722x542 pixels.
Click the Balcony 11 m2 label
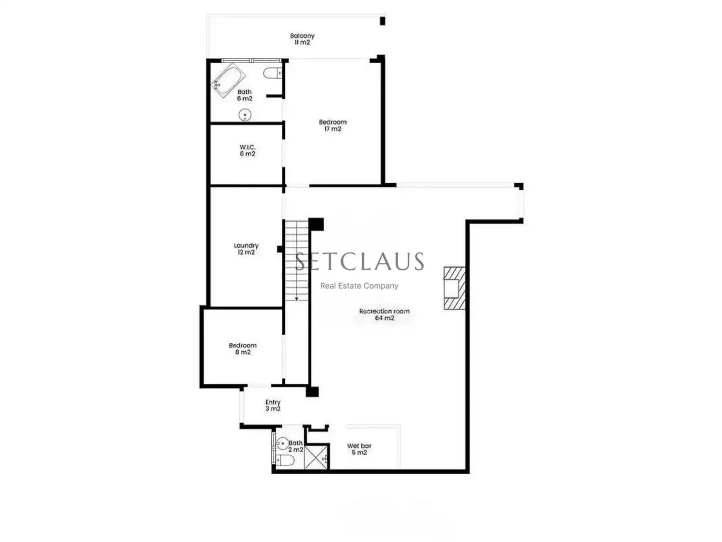(x=302, y=39)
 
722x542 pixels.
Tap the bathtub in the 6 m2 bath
(x=228, y=80)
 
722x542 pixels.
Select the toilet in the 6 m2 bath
(x=272, y=73)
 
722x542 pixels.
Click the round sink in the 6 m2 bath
(x=245, y=115)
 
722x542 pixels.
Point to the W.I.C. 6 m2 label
(x=247, y=150)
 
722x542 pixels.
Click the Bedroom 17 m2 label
(x=332, y=125)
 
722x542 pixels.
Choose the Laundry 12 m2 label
(x=246, y=248)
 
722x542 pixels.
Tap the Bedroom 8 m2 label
(x=243, y=348)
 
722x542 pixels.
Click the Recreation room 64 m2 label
(x=384, y=314)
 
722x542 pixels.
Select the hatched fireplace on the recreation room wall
(x=455, y=288)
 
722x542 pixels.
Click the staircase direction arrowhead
(x=296, y=299)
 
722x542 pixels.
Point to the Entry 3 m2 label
(x=273, y=405)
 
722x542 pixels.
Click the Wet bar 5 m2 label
(x=359, y=449)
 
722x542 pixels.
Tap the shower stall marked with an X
(x=316, y=457)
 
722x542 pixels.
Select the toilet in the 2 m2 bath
(x=284, y=461)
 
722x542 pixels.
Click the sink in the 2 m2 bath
(x=283, y=443)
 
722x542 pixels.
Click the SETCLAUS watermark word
(x=359, y=261)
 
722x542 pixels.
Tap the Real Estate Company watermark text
(x=359, y=286)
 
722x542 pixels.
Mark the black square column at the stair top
(x=316, y=224)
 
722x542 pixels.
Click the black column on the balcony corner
(x=383, y=21)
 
